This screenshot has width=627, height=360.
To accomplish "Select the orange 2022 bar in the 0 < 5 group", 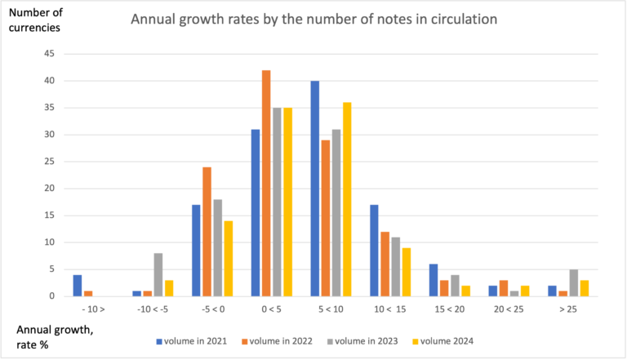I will click(266, 183).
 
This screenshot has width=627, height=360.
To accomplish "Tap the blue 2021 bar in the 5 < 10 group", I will click(315, 189).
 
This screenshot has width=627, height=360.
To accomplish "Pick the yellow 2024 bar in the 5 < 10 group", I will click(345, 199).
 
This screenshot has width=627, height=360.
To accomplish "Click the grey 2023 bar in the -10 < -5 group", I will click(157, 274).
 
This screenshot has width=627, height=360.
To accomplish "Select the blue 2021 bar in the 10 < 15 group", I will click(374, 250).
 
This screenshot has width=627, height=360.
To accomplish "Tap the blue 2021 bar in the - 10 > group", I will click(77, 285).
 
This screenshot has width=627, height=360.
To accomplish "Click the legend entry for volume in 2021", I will click(193, 340).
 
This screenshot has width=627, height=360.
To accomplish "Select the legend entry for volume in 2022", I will click(276, 340).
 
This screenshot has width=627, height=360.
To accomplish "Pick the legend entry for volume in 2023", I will click(360, 340).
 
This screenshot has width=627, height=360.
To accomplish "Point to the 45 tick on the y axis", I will click(49, 54).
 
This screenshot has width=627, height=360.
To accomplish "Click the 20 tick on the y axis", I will click(49, 189).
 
